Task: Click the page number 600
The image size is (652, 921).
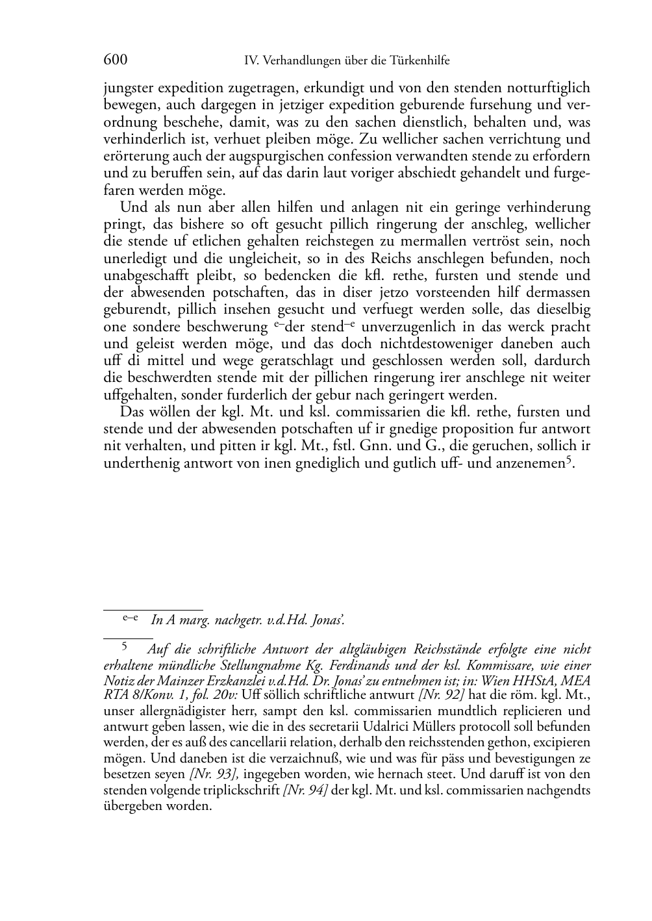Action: click(115, 60)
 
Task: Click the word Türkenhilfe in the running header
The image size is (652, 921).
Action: click(420, 61)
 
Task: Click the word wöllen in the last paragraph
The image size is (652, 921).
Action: click(165, 412)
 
